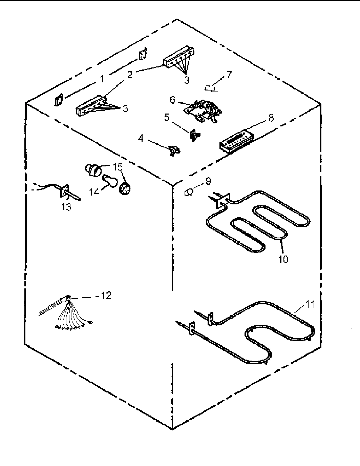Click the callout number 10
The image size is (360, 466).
[283, 259]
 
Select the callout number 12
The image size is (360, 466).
[106, 295]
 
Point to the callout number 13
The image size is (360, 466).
[66, 207]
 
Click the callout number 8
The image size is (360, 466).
[271, 118]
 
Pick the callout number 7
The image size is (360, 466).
[229, 75]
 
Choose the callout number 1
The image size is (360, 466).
[102, 79]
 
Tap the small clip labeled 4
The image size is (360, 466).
[174, 150]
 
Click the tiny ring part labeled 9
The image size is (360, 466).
[189, 193]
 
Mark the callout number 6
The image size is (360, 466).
[173, 100]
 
